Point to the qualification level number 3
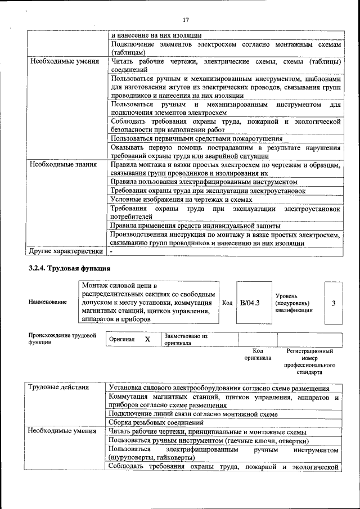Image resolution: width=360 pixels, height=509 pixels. (333, 303)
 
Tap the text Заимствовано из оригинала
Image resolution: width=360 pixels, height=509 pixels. (186, 340)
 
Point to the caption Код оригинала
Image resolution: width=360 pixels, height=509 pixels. (258, 354)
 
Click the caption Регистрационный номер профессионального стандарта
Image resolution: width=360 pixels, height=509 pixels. (309, 362)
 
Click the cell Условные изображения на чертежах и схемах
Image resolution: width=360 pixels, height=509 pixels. (181, 200)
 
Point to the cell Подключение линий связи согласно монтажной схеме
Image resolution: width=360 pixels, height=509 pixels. (194, 414)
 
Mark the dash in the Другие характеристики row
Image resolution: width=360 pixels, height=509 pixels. (111, 251)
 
